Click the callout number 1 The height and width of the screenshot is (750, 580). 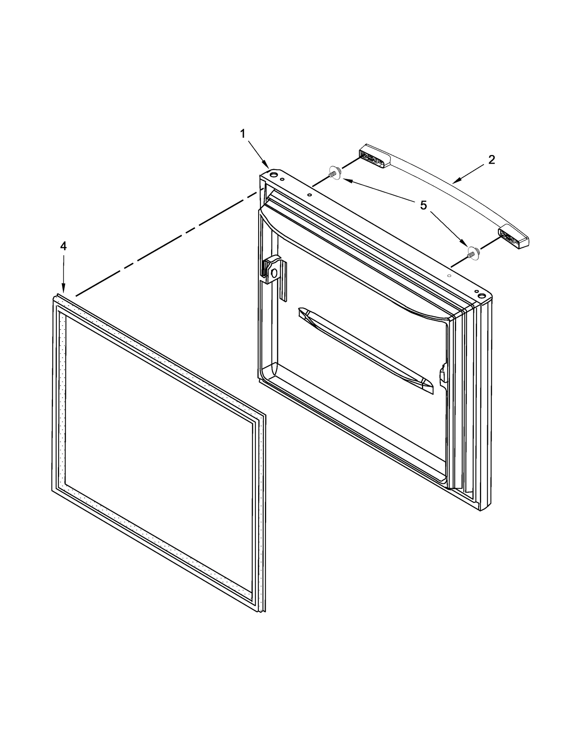243,134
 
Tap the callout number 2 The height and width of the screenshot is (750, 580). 491,160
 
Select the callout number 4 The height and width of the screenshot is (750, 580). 63,246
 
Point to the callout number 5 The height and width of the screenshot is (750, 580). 423,205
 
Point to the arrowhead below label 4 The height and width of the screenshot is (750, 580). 63,289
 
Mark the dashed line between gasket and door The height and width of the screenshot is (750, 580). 167,244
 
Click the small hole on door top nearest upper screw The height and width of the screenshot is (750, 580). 309,194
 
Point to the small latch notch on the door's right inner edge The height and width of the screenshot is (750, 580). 443,373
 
